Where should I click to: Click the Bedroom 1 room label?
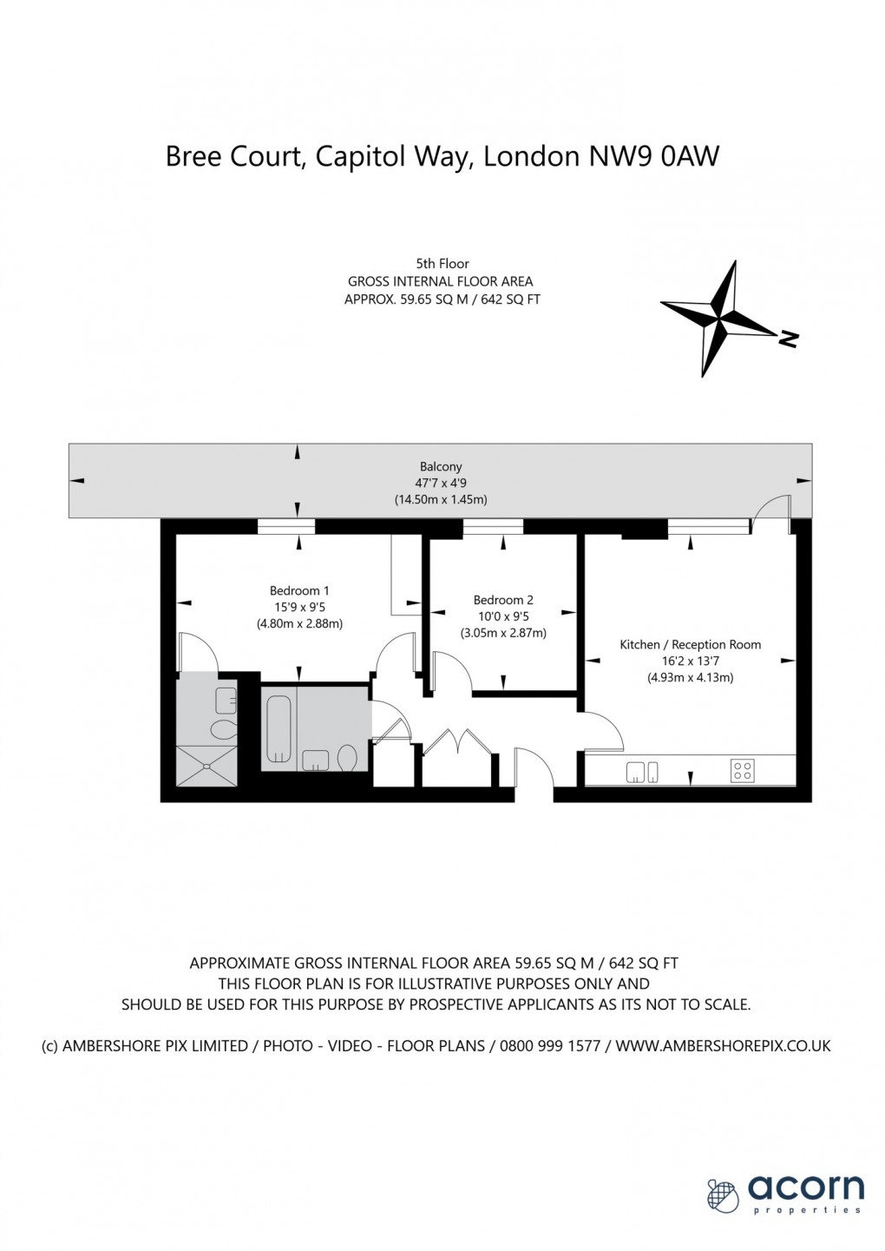click(299, 591)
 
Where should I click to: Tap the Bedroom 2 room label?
click(503, 601)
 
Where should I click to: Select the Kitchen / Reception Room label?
click(691, 644)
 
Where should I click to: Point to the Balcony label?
click(441, 466)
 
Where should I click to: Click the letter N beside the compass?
click(788, 338)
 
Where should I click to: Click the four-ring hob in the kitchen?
click(743, 771)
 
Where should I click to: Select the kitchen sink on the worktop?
click(642, 772)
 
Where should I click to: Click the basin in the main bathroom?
click(315, 760)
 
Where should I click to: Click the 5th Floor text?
click(442, 264)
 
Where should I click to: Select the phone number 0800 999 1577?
click(550, 1046)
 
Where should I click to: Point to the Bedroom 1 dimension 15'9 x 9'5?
click(299, 607)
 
